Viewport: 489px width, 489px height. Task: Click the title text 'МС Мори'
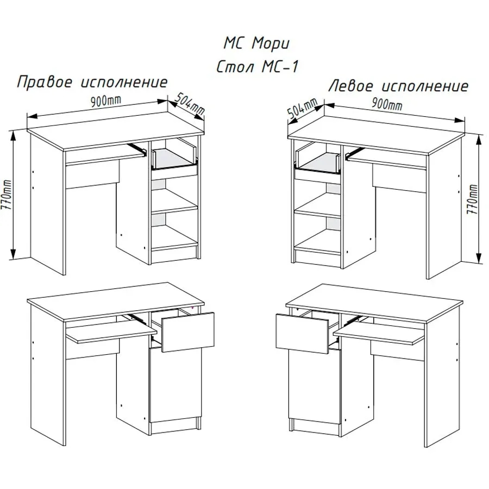tap(256, 43)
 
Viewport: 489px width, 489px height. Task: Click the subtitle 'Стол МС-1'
tap(258, 66)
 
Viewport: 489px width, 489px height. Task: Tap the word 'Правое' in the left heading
tap(45, 83)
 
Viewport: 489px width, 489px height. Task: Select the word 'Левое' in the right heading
tap(351, 85)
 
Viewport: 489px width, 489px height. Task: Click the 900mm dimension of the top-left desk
tap(106, 101)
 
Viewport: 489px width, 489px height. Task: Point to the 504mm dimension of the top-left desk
tap(189, 104)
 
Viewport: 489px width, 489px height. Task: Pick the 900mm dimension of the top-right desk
tap(387, 104)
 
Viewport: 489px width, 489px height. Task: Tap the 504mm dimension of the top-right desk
tap(302, 108)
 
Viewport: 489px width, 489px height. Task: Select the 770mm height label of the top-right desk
tap(473, 199)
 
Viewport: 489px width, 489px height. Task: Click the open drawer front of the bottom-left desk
tap(188, 332)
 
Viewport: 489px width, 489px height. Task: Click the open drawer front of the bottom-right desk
tap(302, 334)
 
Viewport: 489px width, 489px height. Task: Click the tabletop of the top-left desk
tap(116, 130)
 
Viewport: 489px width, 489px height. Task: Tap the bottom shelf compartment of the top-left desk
tap(174, 231)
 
